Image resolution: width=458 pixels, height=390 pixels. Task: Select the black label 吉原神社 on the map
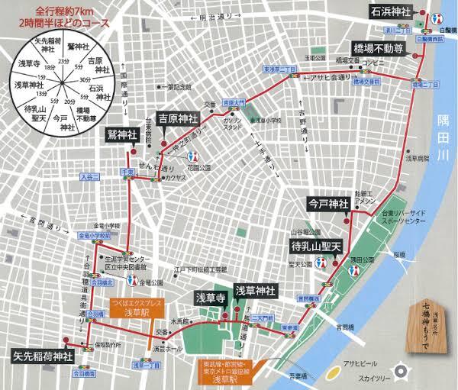pyautogui.click(x=178, y=118)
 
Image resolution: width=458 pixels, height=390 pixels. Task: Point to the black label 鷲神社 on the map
pyautogui.click(x=122, y=134)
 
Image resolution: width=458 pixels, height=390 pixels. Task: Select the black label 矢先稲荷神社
pyautogui.click(x=42, y=356)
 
